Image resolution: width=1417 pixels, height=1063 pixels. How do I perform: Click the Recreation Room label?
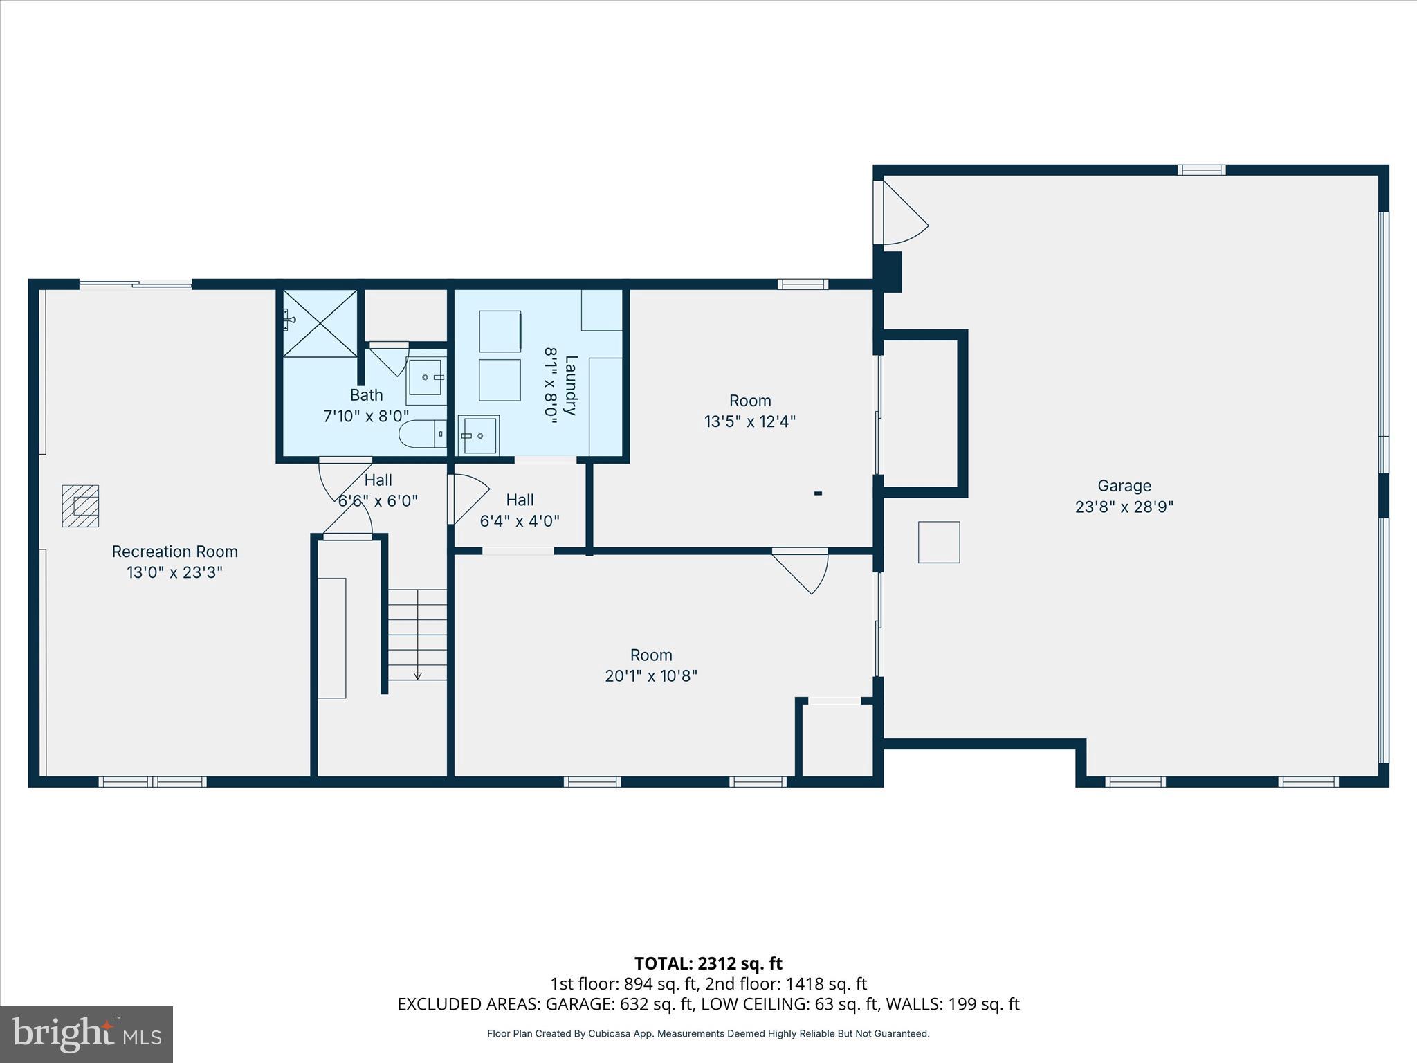click(174, 552)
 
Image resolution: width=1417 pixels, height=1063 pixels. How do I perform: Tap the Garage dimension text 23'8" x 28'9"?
click(1124, 507)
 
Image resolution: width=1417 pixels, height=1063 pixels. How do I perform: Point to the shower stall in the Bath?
click(320, 323)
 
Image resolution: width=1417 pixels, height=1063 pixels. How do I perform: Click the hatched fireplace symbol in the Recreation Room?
click(80, 506)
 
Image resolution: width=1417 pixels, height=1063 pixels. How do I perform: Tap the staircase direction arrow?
click(417, 674)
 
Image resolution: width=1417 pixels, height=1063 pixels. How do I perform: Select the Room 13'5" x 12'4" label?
click(750, 401)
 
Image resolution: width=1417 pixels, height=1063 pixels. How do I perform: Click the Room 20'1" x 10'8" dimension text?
click(650, 676)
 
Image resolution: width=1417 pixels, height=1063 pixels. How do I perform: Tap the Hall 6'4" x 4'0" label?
click(520, 500)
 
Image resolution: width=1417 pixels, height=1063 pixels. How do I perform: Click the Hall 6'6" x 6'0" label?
click(378, 480)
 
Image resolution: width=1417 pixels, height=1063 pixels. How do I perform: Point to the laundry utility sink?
click(478, 435)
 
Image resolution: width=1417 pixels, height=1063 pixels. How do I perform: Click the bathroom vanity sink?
click(426, 377)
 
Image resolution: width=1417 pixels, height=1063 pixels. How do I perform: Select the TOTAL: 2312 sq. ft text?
click(708, 963)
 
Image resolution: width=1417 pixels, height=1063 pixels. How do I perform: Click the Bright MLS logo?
click(86, 1034)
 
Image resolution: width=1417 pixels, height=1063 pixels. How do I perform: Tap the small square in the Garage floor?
click(939, 542)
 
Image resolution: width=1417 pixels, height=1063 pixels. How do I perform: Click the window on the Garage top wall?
click(1202, 170)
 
